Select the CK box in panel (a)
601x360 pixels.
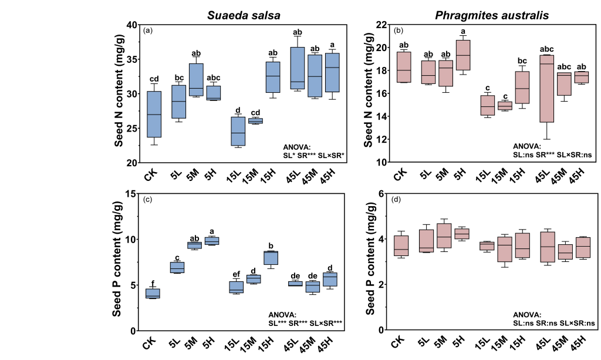(x=154, y=114)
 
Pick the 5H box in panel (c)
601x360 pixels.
(x=211, y=241)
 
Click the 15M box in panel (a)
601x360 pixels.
(x=255, y=120)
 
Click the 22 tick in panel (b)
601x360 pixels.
(x=382, y=25)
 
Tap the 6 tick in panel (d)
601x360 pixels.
(x=382, y=194)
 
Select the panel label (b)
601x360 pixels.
(x=399, y=31)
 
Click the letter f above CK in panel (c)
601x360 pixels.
(x=153, y=282)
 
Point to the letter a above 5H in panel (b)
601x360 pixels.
(x=463, y=32)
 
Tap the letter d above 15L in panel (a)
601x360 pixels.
(x=238, y=110)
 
